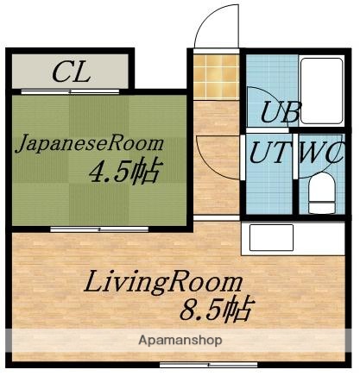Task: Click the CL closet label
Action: [x=71, y=72]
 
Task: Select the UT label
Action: [x=268, y=153]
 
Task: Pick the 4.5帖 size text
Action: [x=125, y=172]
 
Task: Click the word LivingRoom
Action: [x=162, y=282]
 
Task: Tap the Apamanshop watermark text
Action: [x=180, y=340]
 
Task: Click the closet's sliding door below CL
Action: [x=71, y=90]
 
